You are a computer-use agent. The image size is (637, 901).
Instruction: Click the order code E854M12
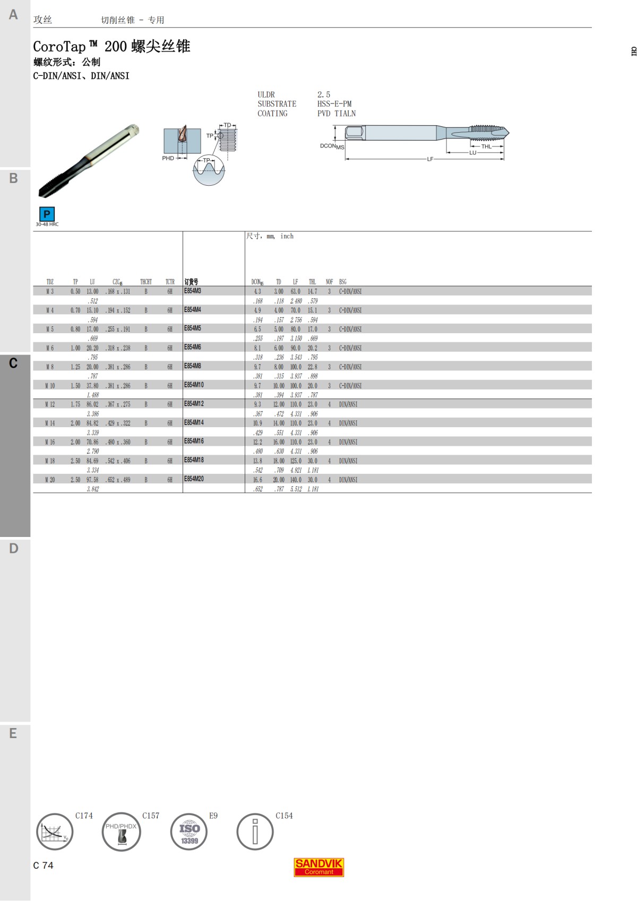194,404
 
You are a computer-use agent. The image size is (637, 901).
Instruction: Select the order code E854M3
193,291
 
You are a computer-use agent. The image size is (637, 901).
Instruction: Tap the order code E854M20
194,479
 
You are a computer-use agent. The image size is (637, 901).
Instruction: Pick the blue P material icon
47,214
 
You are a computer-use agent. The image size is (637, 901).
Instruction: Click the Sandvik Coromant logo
318,867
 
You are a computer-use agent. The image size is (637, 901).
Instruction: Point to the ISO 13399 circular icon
189,831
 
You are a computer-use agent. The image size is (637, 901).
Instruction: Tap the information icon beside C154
255,831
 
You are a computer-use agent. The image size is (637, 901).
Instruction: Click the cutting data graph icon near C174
55,831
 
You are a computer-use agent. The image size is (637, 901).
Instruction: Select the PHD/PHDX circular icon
122,831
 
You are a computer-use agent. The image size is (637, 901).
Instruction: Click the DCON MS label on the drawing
332,146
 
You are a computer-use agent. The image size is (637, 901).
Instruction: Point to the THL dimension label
486,146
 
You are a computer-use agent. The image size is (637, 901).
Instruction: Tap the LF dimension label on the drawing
430,159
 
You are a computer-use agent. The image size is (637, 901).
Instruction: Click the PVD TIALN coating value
337,114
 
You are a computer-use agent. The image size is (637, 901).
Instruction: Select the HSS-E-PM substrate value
334,104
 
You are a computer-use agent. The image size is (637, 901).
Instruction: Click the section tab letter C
13,363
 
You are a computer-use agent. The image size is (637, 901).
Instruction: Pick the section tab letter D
13,549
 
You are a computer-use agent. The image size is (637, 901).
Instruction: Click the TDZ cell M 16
50,442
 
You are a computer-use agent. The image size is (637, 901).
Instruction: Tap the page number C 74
43,865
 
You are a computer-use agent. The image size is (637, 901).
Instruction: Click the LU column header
92,282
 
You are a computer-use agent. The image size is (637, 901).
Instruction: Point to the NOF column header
329,282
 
